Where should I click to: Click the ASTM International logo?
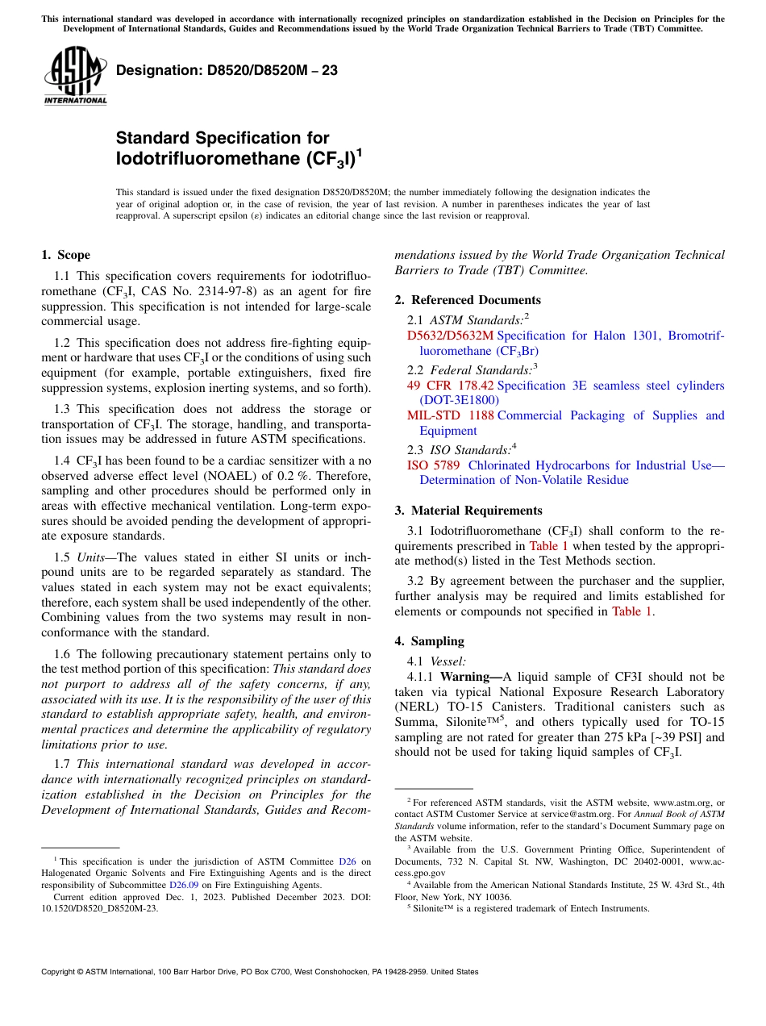[x=75, y=77]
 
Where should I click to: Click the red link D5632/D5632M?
[x=450, y=336]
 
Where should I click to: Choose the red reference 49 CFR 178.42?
[x=450, y=386]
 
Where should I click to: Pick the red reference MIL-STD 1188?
[x=450, y=415]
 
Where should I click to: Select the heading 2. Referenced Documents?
[x=468, y=300]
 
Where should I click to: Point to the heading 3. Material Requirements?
[x=468, y=511]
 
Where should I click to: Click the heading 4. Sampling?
[x=429, y=641]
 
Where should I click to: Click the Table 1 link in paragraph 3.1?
[x=547, y=546]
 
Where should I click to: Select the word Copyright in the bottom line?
[x=60, y=972]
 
